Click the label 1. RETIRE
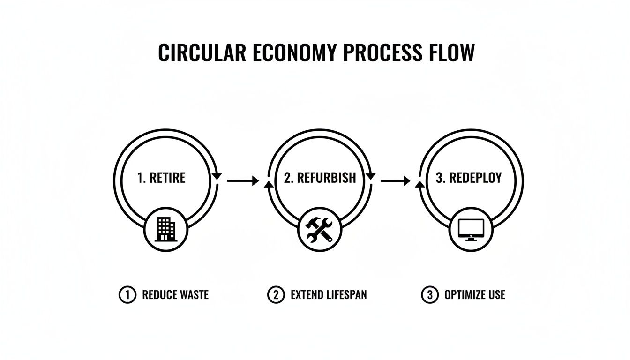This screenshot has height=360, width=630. pyautogui.click(x=161, y=178)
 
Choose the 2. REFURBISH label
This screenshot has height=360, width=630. pyautogui.click(x=320, y=178)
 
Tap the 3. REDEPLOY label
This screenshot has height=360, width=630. pyautogui.click(x=469, y=178)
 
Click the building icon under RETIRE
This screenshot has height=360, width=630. pyautogui.click(x=165, y=229)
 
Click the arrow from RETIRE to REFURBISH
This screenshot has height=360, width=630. pyautogui.click(x=243, y=180)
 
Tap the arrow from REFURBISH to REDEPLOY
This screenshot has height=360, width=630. pyautogui.click(x=395, y=180)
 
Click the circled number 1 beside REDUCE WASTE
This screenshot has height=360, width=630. pyautogui.click(x=127, y=295)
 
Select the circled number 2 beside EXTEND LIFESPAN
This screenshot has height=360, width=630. pyautogui.click(x=276, y=295)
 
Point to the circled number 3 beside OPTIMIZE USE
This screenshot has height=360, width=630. pyautogui.click(x=429, y=295)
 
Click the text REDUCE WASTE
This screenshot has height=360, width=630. pyautogui.click(x=175, y=295)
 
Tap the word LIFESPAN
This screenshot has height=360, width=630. pyautogui.click(x=347, y=295)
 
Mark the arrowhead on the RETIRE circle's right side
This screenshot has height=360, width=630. pyautogui.click(x=217, y=176)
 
